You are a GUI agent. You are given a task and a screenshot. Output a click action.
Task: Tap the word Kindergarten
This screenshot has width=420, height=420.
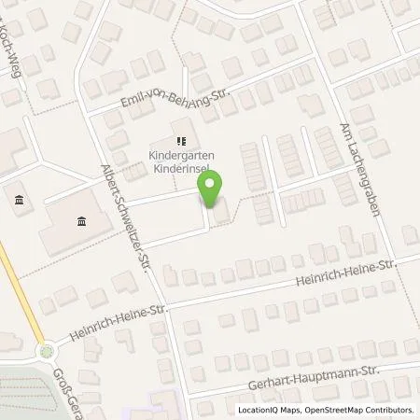(181, 156)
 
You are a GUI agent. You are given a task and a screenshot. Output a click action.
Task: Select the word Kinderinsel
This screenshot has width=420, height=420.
(181, 171)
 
